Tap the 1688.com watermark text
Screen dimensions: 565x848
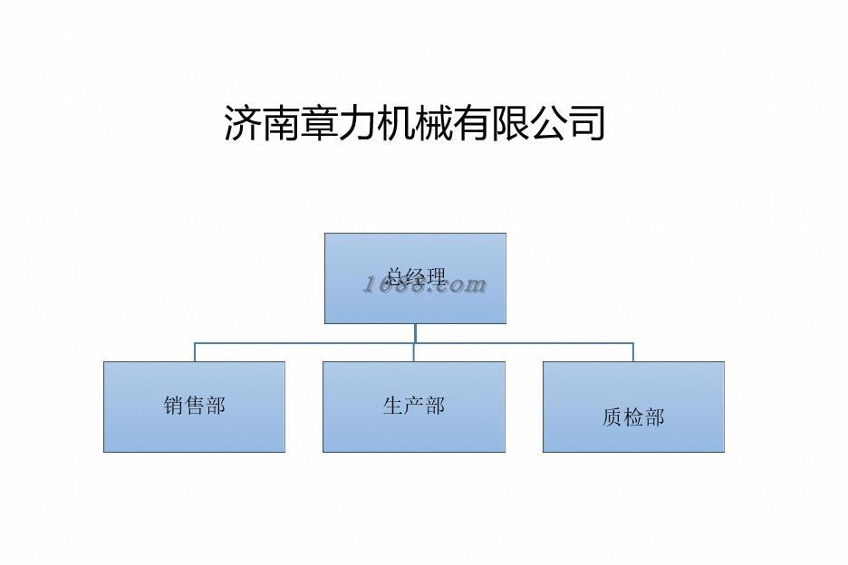425,285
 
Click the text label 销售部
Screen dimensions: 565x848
194,406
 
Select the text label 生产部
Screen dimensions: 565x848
413,406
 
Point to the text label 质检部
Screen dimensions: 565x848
633,417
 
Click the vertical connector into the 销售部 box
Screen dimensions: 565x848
194,352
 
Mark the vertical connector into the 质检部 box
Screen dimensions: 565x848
633,352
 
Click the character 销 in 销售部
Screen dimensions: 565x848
174,406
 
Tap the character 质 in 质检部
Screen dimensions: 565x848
612,417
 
